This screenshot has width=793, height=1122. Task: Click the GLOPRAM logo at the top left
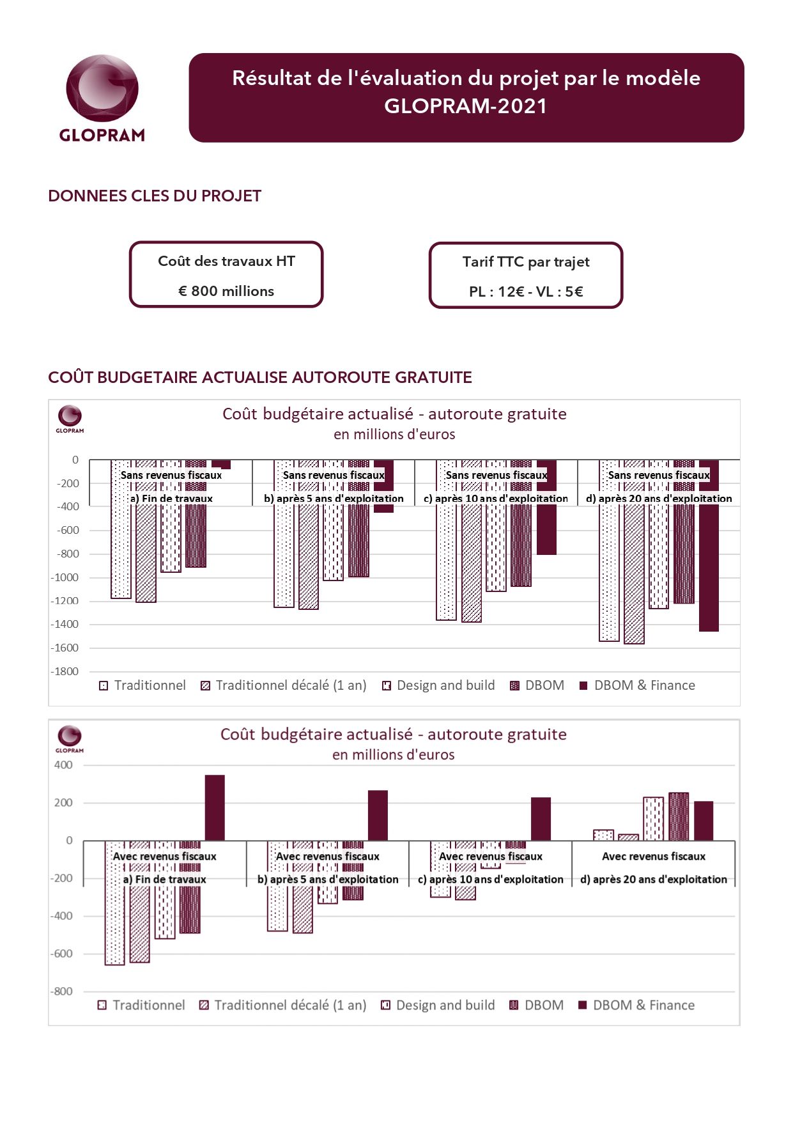pyautogui.click(x=102, y=98)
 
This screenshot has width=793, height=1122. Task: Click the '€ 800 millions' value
pyautogui.click(x=226, y=291)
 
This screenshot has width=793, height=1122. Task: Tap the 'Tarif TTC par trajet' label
pyautogui.click(x=526, y=261)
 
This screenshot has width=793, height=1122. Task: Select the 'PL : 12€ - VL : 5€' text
pyautogui.click(x=526, y=292)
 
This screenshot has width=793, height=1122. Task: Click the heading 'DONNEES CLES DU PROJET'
pyautogui.click(x=155, y=196)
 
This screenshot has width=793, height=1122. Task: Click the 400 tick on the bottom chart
pyautogui.click(x=64, y=765)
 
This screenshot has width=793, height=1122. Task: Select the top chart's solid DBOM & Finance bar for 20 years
pyautogui.click(x=709, y=545)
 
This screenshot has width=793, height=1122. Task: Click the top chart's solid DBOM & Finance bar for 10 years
pyautogui.click(x=546, y=507)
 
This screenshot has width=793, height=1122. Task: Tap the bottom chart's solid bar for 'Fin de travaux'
pyautogui.click(x=215, y=807)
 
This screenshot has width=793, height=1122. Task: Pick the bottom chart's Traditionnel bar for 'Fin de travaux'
pyautogui.click(x=114, y=903)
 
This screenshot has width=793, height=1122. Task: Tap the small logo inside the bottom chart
pyautogui.click(x=70, y=739)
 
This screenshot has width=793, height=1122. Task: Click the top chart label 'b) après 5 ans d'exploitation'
pyautogui.click(x=334, y=499)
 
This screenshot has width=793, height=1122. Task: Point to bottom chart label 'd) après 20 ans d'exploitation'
pyautogui.click(x=654, y=880)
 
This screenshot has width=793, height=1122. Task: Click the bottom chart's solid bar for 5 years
pyautogui.click(x=378, y=815)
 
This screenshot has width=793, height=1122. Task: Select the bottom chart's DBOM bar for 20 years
pyautogui.click(x=679, y=816)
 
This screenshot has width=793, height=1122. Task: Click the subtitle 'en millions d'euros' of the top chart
pyautogui.click(x=394, y=434)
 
